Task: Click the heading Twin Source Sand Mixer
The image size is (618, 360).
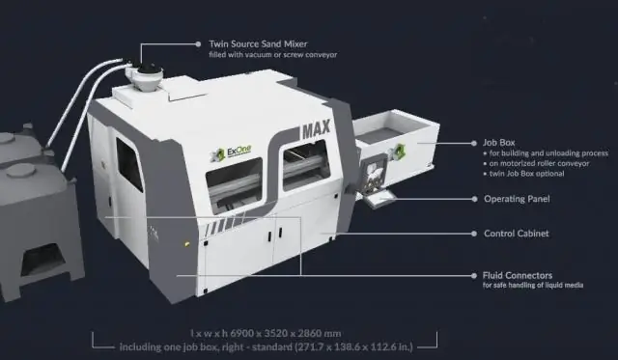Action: tap(258, 43)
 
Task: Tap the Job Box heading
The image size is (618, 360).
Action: tap(499, 143)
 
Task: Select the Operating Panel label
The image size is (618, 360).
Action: tap(517, 199)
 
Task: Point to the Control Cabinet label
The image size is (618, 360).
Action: tap(517, 234)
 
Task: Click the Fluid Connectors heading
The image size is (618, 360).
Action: tap(518, 275)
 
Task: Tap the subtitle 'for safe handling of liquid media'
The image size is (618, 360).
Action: tap(533, 285)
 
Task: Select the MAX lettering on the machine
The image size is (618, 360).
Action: tap(316, 129)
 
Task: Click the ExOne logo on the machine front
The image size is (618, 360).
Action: tap(231, 152)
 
